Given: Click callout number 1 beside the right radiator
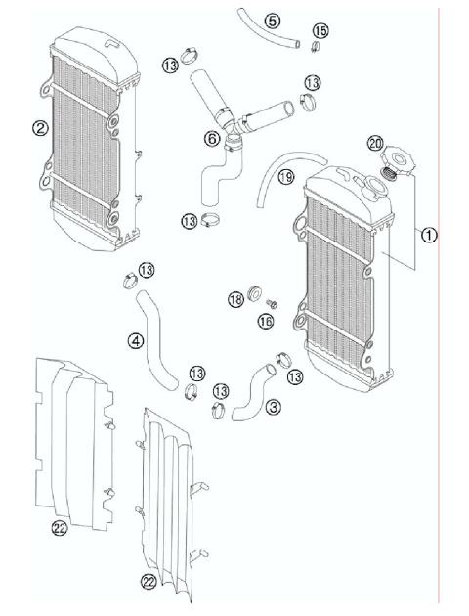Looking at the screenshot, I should click(430, 234).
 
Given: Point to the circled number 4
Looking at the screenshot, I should click(136, 341).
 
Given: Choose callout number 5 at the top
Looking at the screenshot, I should click(272, 21).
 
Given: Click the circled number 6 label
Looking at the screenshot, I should click(211, 138).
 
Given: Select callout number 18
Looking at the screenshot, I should click(234, 300).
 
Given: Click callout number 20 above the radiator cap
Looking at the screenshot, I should click(375, 143).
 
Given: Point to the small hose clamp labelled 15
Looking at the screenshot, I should click(316, 46).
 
